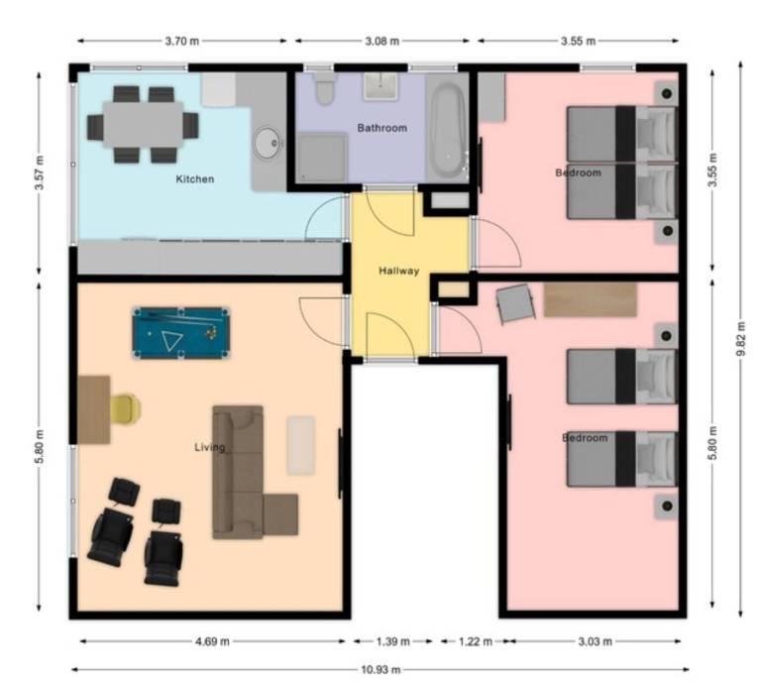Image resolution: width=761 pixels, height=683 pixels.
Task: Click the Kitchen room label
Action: [x=195, y=179]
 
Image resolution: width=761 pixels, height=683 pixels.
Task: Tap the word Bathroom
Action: [x=382, y=128]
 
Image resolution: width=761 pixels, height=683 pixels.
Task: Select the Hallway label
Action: [x=399, y=271]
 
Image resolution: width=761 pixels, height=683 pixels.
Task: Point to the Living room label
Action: [x=209, y=447]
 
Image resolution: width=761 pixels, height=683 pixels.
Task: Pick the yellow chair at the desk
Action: [x=125, y=408]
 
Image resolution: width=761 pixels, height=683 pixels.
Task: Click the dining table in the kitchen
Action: [x=143, y=126]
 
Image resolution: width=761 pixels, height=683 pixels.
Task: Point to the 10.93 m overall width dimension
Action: [x=374, y=669]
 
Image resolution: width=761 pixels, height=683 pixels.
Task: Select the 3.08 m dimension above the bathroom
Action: [x=381, y=42]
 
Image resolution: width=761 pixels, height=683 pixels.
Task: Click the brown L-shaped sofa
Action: [x=243, y=476]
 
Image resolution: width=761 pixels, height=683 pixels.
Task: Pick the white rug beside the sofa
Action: [x=301, y=444]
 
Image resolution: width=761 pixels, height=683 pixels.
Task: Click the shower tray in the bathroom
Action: [x=323, y=158]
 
